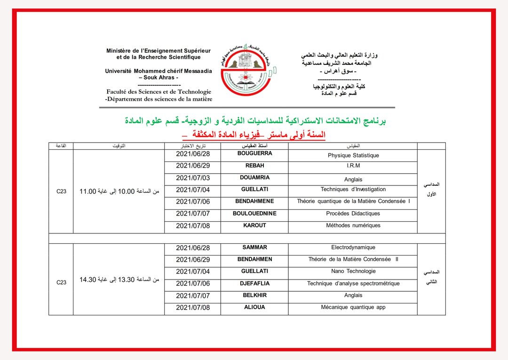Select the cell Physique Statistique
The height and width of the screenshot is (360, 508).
pos(353,155)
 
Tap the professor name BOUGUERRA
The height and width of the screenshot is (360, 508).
pos(254,153)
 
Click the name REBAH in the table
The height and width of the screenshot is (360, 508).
pos(254,166)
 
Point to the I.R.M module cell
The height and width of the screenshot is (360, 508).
pos(353,166)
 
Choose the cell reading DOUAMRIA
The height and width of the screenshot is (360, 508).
pos(254,177)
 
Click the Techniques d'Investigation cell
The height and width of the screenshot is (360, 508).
pos(353,189)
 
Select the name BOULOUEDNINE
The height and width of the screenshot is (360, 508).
pos(254,213)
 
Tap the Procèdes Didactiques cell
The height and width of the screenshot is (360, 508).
pos(353,213)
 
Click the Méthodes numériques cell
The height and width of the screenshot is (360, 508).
pos(353,225)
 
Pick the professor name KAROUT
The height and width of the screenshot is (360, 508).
pos(254,225)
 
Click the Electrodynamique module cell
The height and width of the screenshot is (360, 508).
pos(353,247)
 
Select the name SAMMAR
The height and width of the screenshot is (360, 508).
pos(254,247)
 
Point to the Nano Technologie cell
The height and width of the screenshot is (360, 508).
pos(353,271)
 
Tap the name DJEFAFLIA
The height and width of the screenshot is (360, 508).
pos(254,283)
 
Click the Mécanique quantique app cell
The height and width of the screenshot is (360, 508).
pos(353,307)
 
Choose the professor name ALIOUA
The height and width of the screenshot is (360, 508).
pos(254,307)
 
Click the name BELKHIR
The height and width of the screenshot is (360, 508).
pos(254,295)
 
